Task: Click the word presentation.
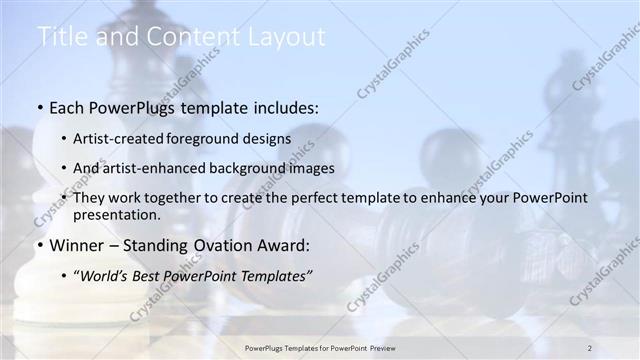[117, 214]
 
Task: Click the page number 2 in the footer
[590, 347]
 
